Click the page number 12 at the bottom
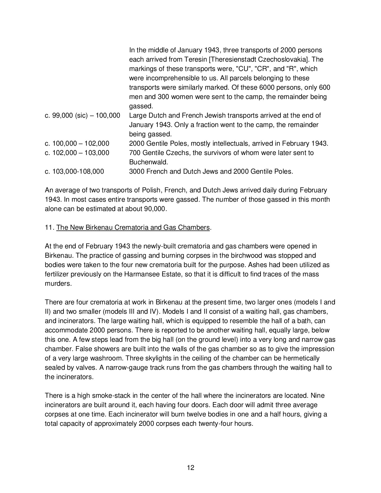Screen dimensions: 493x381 point(190,467)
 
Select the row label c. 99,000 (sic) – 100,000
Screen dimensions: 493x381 point(82,115)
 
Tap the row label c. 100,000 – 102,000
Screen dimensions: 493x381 point(77,143)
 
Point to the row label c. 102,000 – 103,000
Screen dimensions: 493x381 point(77,153)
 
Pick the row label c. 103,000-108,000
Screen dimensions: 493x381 point(74,171)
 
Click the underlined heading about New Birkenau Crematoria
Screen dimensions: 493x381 point(133,228)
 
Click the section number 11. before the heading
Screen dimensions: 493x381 point(49,228)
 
